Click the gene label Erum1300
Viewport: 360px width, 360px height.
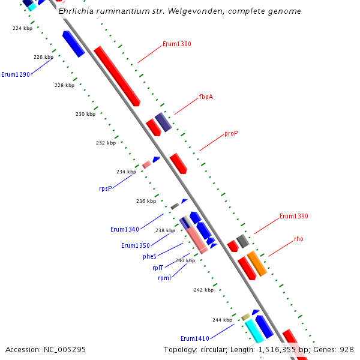pos(177,44)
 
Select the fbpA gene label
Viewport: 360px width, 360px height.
pos(206,97)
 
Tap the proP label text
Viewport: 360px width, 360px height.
pos(231,133)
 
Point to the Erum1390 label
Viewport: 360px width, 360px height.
pos(294,216)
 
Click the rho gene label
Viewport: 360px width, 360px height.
pos(299,239)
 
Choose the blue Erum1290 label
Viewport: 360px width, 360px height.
pos(16,74)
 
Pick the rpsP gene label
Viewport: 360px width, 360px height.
pos(106,188)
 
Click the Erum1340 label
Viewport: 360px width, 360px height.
pos(125,229)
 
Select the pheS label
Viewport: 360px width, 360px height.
pos(149,256)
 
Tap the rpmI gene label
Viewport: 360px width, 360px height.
pos(164,278)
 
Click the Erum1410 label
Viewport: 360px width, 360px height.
pos(195,338)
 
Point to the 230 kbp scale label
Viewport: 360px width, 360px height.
pos(85,114)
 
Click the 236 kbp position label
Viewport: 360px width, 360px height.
pos(146,202)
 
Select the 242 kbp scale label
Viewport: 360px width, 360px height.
pos(203,290)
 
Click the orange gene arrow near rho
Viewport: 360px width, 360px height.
pos(257,263)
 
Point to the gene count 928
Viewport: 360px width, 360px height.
pos(346,349)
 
